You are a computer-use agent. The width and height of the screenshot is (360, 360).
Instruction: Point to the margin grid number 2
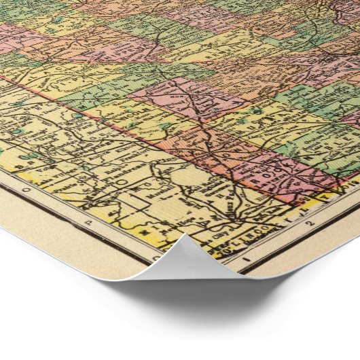tap(308, 224)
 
